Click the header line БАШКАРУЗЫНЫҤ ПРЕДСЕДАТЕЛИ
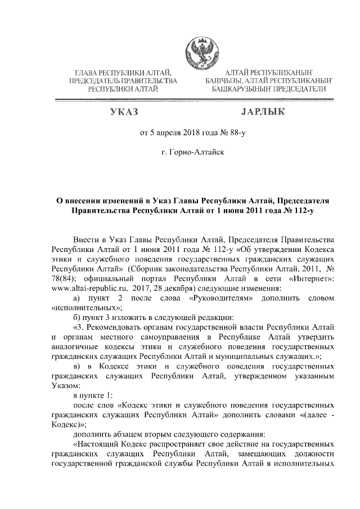(269, 89)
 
